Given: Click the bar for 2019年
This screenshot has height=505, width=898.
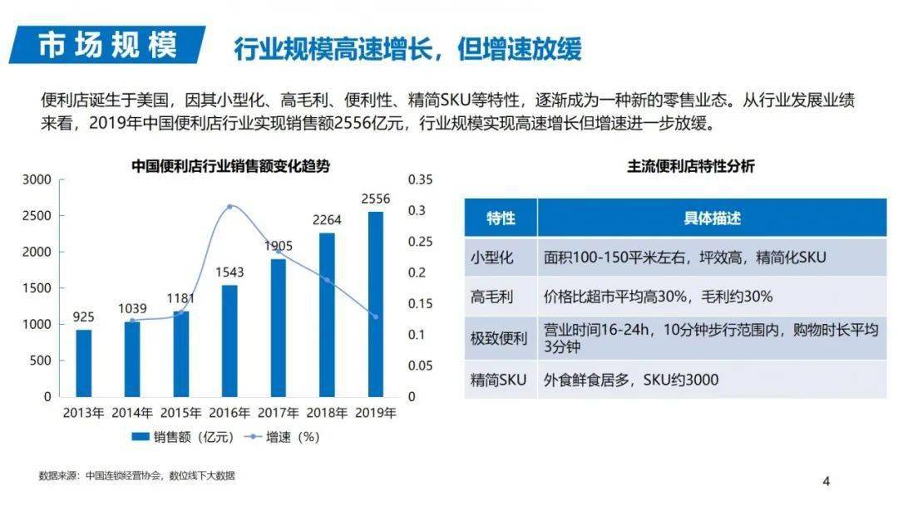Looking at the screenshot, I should tap(376, 304).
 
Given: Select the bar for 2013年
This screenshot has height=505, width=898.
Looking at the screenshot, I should tap(84, 363).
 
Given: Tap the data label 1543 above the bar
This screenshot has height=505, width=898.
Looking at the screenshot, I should tap(229, 272).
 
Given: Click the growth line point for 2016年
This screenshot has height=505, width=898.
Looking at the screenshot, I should tap(230, 207).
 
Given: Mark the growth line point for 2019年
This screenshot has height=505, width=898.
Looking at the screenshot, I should tap(376, 316).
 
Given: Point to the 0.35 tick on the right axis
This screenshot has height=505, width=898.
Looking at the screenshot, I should tap(422, 179).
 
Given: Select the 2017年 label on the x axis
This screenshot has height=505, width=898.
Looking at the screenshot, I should tap(279, 413).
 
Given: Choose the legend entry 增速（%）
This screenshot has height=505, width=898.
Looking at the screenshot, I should tap(282, 436).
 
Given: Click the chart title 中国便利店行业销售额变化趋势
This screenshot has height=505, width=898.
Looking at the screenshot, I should tap(230, 166).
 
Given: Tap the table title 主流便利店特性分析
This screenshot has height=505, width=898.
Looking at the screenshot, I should tap(691, 166).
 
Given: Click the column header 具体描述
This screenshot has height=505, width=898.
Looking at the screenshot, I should tap(712, 218).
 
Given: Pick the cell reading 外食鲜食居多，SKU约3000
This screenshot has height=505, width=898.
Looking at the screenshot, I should tap(631, 380).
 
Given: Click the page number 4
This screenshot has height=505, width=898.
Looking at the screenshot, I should tap(826, 481).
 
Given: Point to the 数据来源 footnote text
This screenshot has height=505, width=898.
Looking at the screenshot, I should tap(137, 476).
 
